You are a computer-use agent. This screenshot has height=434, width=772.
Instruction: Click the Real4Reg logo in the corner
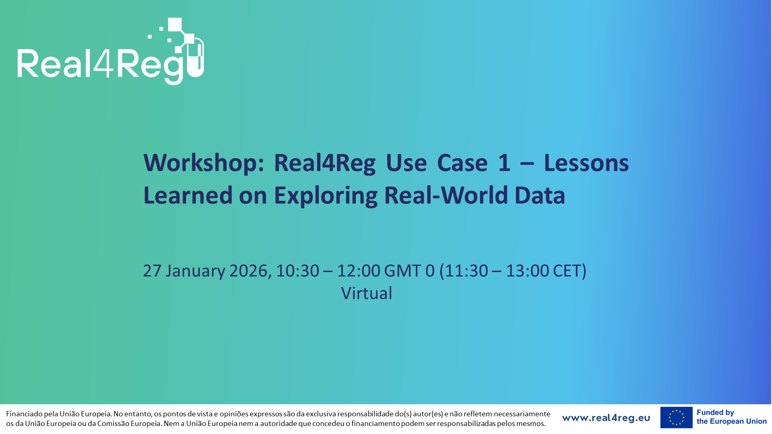click(111, 51)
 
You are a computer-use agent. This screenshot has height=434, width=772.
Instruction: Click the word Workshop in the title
click(203, 163)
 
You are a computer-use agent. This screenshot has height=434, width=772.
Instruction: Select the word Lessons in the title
click(586, 163)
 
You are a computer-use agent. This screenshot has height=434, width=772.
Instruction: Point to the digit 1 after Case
click(504, 163)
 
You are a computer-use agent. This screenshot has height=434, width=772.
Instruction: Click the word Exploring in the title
click(326, 196)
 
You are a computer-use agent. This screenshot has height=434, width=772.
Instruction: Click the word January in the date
click(195, 271)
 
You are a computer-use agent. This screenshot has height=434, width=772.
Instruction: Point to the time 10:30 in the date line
click(298, 271)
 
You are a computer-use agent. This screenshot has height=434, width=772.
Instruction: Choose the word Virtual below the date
click(367, 293)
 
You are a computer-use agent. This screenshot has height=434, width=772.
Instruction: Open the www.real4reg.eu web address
click(606, 418)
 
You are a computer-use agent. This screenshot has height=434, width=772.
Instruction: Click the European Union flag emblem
click(676, 418)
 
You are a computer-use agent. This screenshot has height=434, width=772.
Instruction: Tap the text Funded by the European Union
click(732, 417)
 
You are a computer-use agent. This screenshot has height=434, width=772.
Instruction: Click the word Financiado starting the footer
click(24, 414)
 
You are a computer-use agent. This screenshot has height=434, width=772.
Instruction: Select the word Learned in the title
click(188, 195)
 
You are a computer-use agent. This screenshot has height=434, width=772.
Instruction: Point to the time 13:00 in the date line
click(528, 271)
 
